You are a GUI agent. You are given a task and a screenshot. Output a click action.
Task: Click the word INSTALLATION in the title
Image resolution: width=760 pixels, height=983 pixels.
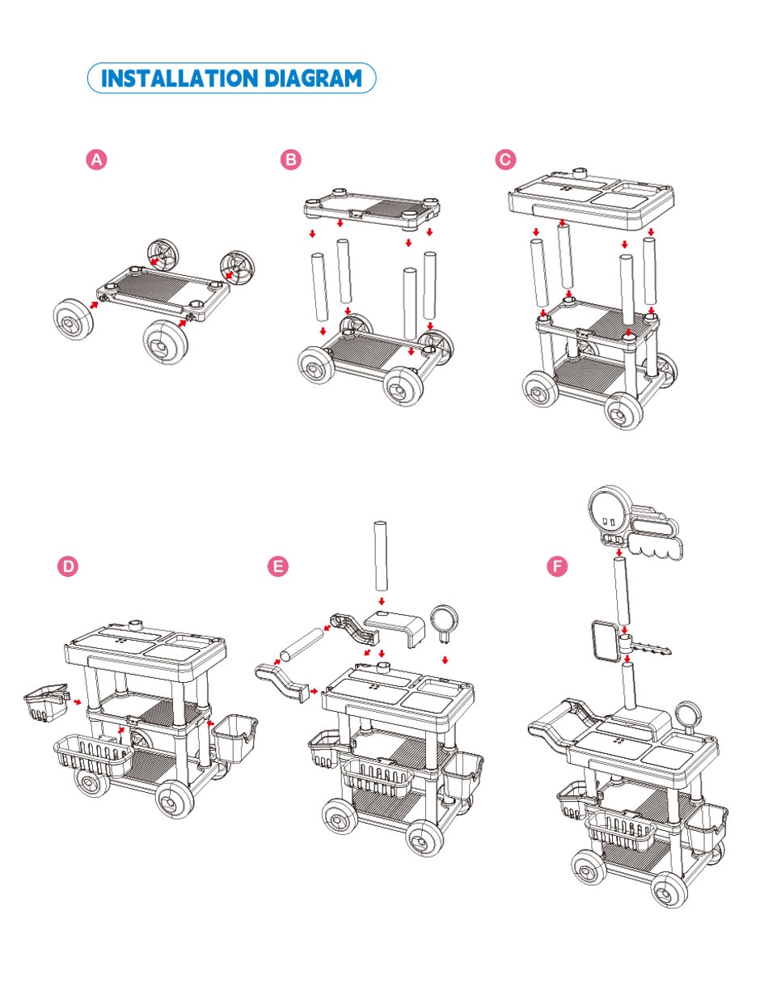[x=179, y=78]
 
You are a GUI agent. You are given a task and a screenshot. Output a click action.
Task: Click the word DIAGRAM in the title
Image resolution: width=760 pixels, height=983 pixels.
[x=313, y=78]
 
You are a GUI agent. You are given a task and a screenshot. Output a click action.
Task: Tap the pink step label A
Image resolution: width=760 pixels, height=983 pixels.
[x=97, y=159]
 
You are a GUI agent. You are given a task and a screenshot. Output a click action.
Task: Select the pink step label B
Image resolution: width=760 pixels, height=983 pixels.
[x=290, y=159]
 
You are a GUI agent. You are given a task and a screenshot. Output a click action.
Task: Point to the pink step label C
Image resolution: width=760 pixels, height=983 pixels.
[x=505, y=159]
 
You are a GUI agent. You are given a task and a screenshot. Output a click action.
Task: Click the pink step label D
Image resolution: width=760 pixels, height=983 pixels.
[x=68, y=566]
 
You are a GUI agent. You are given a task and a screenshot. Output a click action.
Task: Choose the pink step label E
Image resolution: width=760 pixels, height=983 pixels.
[x=278, y=566]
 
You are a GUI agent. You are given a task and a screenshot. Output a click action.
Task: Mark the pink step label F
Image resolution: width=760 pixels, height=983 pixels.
[x=557, y=566]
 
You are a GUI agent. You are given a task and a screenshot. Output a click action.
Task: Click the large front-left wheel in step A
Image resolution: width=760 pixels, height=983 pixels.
[x=73, y=319]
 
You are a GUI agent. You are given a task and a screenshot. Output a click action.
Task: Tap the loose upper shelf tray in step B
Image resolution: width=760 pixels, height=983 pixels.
[x=372, y=208]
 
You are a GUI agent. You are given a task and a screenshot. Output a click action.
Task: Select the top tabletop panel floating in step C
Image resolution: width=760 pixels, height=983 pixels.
[x=591, y=197]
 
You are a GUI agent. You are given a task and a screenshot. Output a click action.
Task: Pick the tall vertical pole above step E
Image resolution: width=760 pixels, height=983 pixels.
[x=381, y=556]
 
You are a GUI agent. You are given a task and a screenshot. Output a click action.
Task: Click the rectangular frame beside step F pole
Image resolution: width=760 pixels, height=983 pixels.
[x=605, y=642]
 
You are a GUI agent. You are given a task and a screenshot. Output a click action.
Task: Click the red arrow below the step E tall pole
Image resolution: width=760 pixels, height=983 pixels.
[x=382, y=602]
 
